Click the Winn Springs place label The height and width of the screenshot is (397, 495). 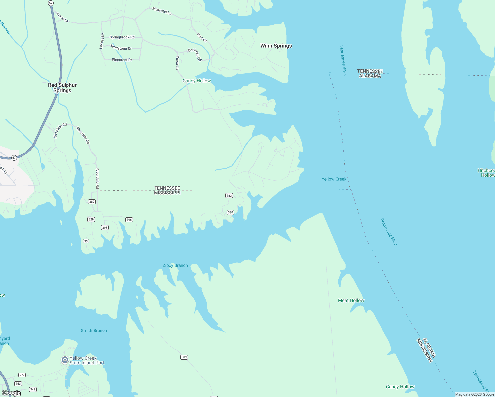pos(276,46)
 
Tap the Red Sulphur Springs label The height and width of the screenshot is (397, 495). pos(62,88)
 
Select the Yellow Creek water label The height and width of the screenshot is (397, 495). pos(334,179)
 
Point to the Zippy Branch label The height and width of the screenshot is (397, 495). pos(175,265)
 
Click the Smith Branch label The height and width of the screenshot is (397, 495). pos(94,331)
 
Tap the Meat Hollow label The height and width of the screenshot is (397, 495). pos(351,300)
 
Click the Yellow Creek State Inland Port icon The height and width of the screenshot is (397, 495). pos(65,360)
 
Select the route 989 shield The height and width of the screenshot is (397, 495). pos(184,357)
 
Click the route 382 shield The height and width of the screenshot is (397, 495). pos(229,195)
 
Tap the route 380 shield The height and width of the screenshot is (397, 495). pos(230,212)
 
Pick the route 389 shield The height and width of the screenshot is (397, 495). pos(92,202)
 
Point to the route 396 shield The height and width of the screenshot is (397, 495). pos(129,220)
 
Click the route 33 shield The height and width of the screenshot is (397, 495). pos(86,241)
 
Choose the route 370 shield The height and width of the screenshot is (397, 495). pos(22,375)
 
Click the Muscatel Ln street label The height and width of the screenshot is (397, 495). pos(162,11)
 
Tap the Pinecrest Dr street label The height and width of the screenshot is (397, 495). pos(122,60)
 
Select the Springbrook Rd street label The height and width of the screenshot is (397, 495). pos(122,37)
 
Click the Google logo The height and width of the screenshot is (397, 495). pos(11,393)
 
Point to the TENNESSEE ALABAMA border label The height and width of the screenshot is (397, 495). pos(370,73)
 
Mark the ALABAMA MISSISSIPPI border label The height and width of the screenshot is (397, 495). pos(426,350)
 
